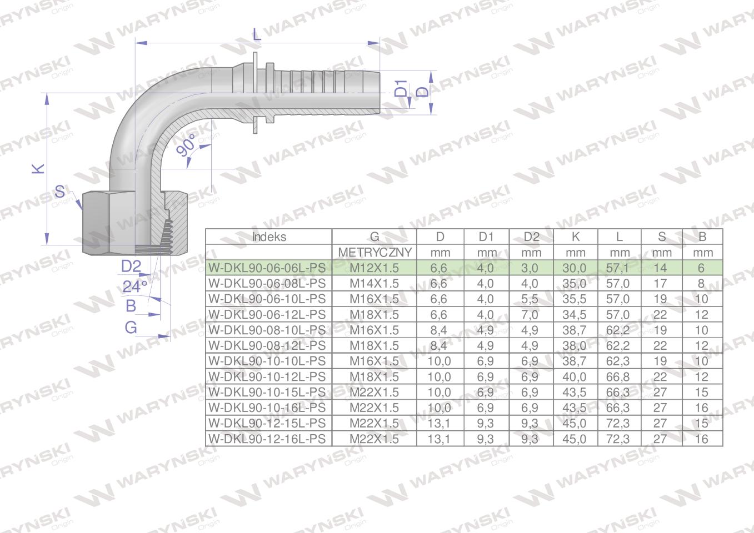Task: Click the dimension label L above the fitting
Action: pyautogui.click(x=256, y=34)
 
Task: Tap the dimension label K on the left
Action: pyautogui.click(x=38, y=168)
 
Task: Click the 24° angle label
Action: pyautogui.click(x=135, y=286)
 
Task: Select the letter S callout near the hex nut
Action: pyautogui.click(x=60, y=193)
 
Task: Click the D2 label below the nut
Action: pyautogui.click(x=131, y=266)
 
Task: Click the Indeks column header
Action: pyautogui.click(x=269, y=237)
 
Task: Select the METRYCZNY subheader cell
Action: pyautogui.click(x=374, y=253)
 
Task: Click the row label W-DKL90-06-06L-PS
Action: pyautogui.click(x=266, y=268)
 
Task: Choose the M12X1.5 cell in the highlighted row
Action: pyautogui.click(x=374, y=268)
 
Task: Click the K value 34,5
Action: pyautogui.click(x=575, y=315)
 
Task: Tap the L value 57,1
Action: pyautogui.click(x=619, y=268)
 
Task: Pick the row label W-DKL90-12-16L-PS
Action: pyautogui.click(x=266, y=439)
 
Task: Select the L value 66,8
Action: pyautogui.click(x=619, y=377)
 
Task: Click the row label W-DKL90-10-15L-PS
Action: pyautogui.click(x=266, y=393)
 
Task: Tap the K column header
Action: pyautogui.click(x=575, y=237)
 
